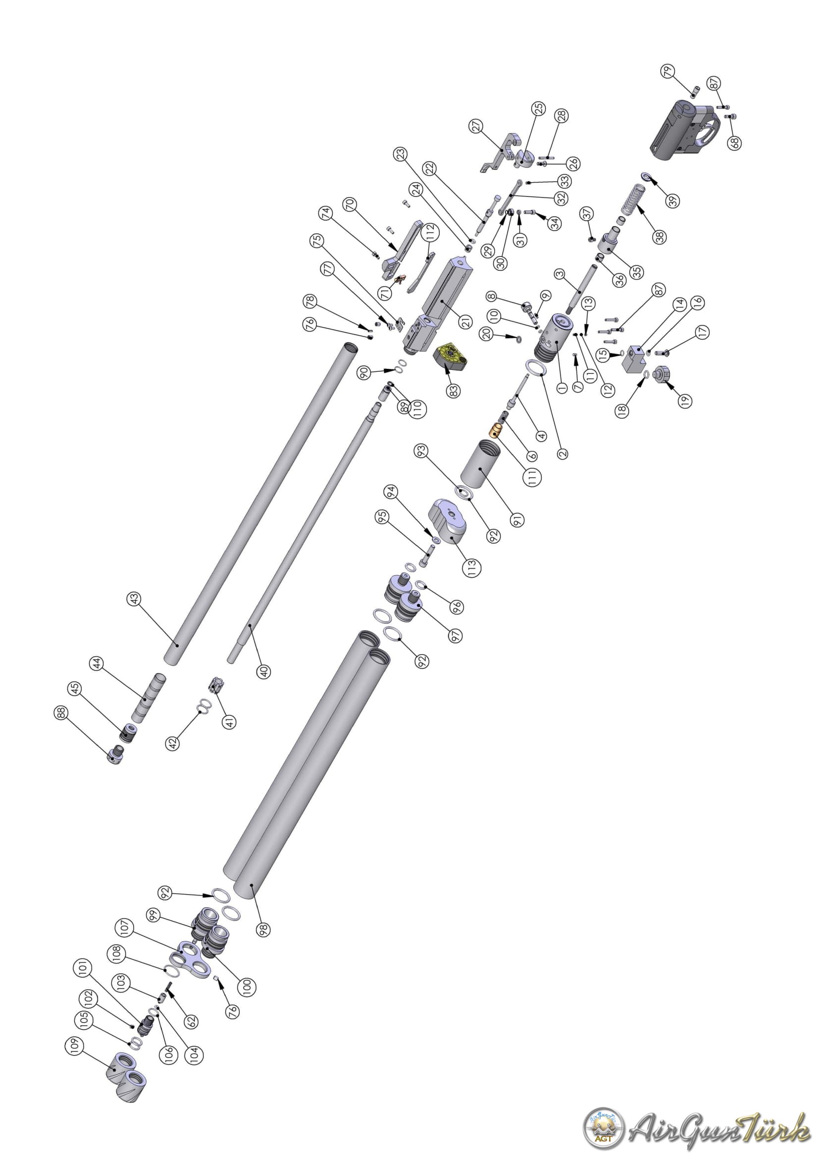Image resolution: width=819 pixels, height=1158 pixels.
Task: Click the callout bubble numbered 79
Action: click(x=668, y=73)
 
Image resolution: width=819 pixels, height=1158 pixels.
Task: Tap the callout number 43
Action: click(x=135, y=599)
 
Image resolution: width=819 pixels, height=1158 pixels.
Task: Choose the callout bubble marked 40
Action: click(x=263, y=671)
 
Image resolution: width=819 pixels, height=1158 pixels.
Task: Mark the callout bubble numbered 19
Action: click(x=684, y=401)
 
